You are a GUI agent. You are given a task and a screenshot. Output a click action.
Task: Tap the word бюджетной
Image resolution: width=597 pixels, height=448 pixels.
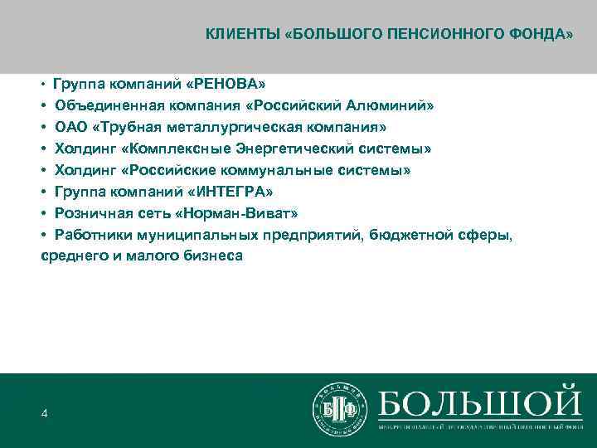(415, 236)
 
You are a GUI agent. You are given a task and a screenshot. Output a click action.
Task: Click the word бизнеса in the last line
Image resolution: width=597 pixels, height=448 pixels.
(212, 256)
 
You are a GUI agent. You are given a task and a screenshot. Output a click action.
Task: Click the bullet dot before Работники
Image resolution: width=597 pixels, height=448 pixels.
(45, 236)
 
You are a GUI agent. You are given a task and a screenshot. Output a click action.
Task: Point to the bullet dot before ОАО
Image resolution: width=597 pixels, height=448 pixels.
(45, 128)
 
